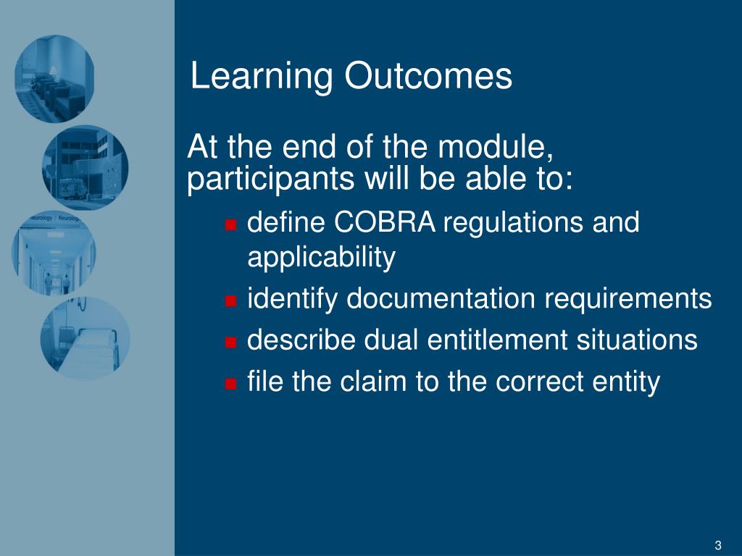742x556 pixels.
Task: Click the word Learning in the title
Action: pyautogui.click(x=262, y=77)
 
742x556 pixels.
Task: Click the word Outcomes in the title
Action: pyautogui.click(x=428, y=75)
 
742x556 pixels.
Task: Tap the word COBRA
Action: pyautogui.click(x=384, y=222)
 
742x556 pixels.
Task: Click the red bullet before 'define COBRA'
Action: pyautogui.click(x=230, y=224)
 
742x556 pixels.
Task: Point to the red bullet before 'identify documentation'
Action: pyautogui.click(x=230, y=300)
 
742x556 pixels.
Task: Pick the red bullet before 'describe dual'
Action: pyautogui.click(x=230, y=342)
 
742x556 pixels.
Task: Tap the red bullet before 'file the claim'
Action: pyautogui.click(x=230, y=384)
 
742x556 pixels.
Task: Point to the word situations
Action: pyautogui.click(x=637, y=340)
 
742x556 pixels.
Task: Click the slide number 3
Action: pyautogui.click(x=718, y=545)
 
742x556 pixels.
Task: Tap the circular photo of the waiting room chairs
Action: pyautogui.click(x=54, y=79)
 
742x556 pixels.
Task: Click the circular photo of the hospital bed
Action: pyautogui.click(x=86, y=337)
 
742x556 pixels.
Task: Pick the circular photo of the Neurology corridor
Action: pyautogui.click(x=54, y=253)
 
